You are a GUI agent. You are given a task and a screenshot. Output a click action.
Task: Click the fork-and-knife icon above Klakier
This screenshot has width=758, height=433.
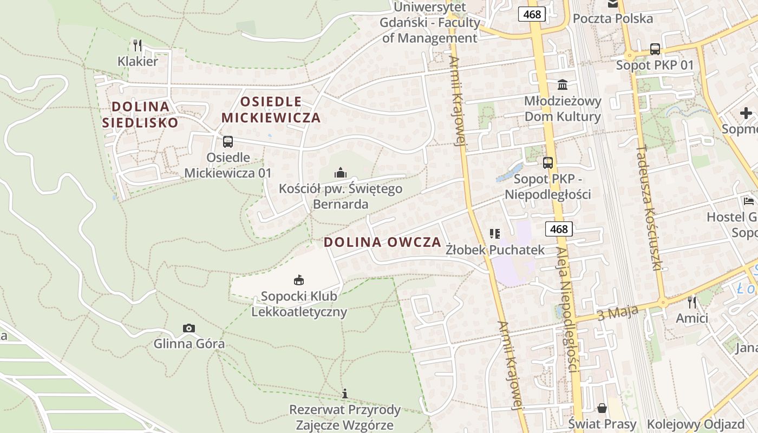(x=138, y=45)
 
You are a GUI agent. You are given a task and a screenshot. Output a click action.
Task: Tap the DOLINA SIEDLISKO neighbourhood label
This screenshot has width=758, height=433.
(x=140, y=114)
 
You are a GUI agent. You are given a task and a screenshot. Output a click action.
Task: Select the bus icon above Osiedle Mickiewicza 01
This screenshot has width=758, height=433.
(x=228, y=142)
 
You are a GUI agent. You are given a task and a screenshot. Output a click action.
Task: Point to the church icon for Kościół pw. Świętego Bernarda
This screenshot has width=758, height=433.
(x=341, y=173)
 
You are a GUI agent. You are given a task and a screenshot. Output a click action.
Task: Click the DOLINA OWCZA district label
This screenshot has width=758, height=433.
(x=383, y=242)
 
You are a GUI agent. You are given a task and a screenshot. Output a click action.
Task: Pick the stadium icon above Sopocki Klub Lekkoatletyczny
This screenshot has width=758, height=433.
(x=298, y=280)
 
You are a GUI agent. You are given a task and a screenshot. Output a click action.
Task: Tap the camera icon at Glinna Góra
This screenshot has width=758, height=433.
(x=189, y=328)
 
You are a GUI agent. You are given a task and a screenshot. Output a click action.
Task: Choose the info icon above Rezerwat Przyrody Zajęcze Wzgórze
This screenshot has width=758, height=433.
(x=345, y=393)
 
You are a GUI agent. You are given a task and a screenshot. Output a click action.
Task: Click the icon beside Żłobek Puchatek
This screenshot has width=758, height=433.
(x=495, y=234)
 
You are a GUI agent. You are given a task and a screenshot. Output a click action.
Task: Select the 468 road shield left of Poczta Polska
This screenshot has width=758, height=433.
(x=532, y=14)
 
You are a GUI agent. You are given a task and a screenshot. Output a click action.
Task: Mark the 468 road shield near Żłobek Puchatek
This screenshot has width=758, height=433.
(x=559, y=229)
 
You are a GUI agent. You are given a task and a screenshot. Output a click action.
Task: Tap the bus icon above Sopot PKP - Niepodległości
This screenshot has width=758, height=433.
(x=548, y=162)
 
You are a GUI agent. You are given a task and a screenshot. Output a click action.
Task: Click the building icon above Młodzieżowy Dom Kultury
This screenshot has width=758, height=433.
(x=563, y=85)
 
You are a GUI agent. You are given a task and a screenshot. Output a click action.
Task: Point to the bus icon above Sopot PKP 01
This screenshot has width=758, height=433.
(x=655, y=49)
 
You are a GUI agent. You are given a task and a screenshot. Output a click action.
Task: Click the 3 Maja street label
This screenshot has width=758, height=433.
(x=617, y=312)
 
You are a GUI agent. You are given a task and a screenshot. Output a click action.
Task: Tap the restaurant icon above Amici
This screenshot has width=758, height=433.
(x=691, y=302)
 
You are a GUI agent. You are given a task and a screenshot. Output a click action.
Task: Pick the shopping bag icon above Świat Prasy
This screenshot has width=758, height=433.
(x=602, y=408)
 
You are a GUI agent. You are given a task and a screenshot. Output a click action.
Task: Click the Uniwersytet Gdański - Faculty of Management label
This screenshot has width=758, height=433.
(x=430, y=23)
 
